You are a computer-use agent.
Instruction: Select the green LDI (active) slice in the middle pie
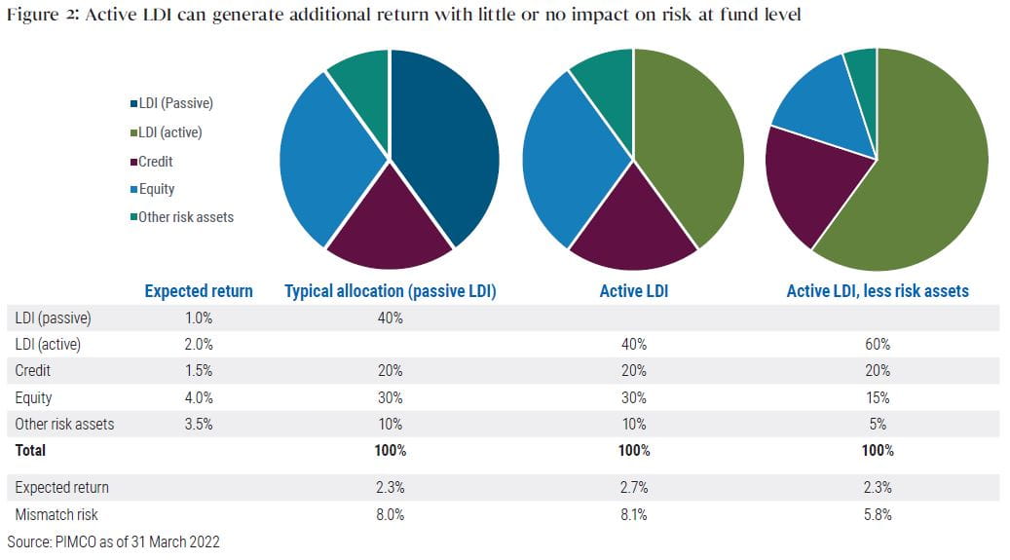pyautogui.click(x=687, y=146)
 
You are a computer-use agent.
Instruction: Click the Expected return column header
pyautogui.click(x=199, y=291)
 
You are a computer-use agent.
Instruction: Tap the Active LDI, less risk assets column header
pyautogui.click(x=878, y=291)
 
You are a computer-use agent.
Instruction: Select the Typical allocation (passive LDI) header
pyautogui.click(x=391, y=291)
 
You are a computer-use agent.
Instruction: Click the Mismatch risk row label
pyautogui.click(x=56, y=514)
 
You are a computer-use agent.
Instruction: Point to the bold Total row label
pyautogui.click(x=30, y=450)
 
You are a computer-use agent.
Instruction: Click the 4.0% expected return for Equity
pyautogui.click(x=198, y=397)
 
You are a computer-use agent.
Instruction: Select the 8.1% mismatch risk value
pyautogui.click(x=633, y=514)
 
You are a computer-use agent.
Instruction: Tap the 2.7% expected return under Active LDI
pyautogui.click(x=633, y=487)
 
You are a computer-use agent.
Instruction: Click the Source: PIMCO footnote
pyautogui.click(x=113, y=541)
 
